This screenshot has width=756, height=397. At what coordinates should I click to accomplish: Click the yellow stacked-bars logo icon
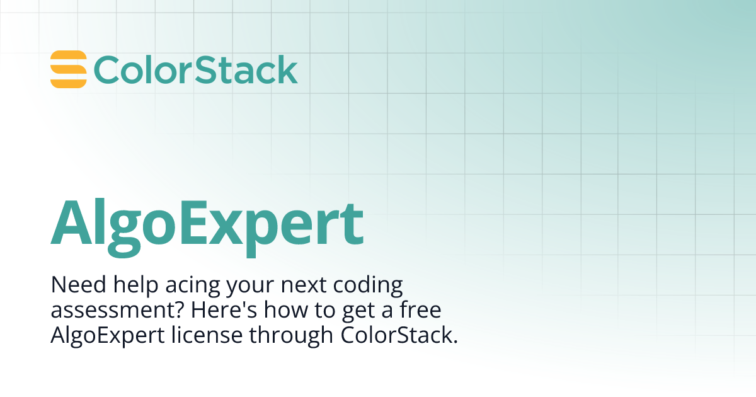(68, 69)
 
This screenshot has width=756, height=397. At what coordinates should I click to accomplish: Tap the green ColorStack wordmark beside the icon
(195, 70)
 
